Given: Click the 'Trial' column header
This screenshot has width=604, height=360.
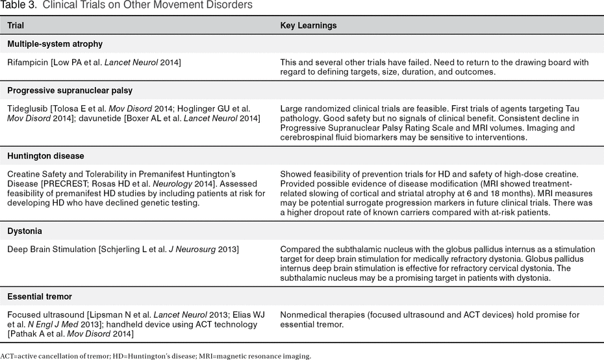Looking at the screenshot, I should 16,26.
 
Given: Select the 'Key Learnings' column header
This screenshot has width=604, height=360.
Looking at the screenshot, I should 308,26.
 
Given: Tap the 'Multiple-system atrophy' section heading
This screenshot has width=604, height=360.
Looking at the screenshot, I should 55,44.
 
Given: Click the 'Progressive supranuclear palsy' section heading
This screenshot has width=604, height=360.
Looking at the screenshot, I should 69,90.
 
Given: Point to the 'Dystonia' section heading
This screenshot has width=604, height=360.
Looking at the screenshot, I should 25,231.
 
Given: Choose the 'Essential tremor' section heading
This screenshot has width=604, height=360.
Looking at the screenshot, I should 40,296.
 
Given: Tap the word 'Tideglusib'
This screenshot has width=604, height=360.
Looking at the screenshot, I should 27,108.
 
